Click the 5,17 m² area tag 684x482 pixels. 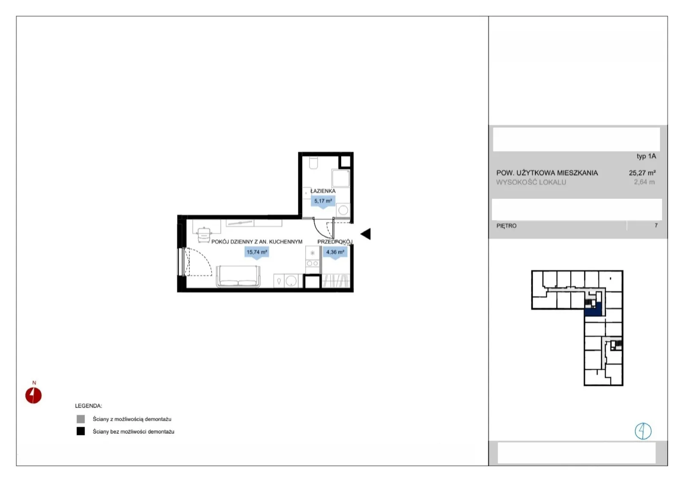coord(323,201)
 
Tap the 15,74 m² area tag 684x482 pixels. coord(256,253)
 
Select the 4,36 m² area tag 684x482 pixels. coord(335,253)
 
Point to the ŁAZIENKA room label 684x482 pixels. coord(323,191)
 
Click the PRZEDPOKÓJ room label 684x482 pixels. coord(335,242)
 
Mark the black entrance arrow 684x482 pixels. coord(366,234)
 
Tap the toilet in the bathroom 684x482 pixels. coord(314,163)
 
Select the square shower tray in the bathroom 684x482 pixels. coord(340,178)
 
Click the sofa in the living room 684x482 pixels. coord(238,276)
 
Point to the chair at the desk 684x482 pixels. coord(203,235)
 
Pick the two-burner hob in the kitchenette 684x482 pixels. coord(312,264)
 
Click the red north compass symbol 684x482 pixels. coord(33,395)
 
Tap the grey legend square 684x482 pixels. coord(81,419)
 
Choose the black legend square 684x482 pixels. coord(81,431)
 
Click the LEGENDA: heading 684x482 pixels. coord(88,406)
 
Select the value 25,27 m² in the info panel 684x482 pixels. coord(642,173)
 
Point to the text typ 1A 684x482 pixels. coord(646,156)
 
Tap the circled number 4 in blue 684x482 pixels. coord(643,431)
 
